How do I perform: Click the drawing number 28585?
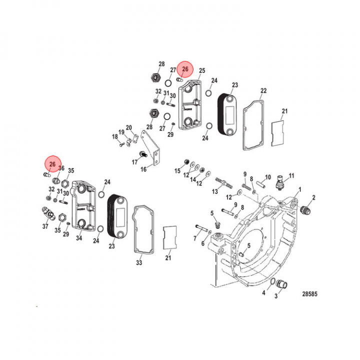(309, 294)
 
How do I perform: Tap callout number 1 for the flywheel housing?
(299, 189)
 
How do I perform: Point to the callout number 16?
(143, 169)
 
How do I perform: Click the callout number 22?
(263, 91)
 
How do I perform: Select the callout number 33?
(139, 262)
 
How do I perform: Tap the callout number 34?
(79, 238)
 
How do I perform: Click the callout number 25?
(202, 70)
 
